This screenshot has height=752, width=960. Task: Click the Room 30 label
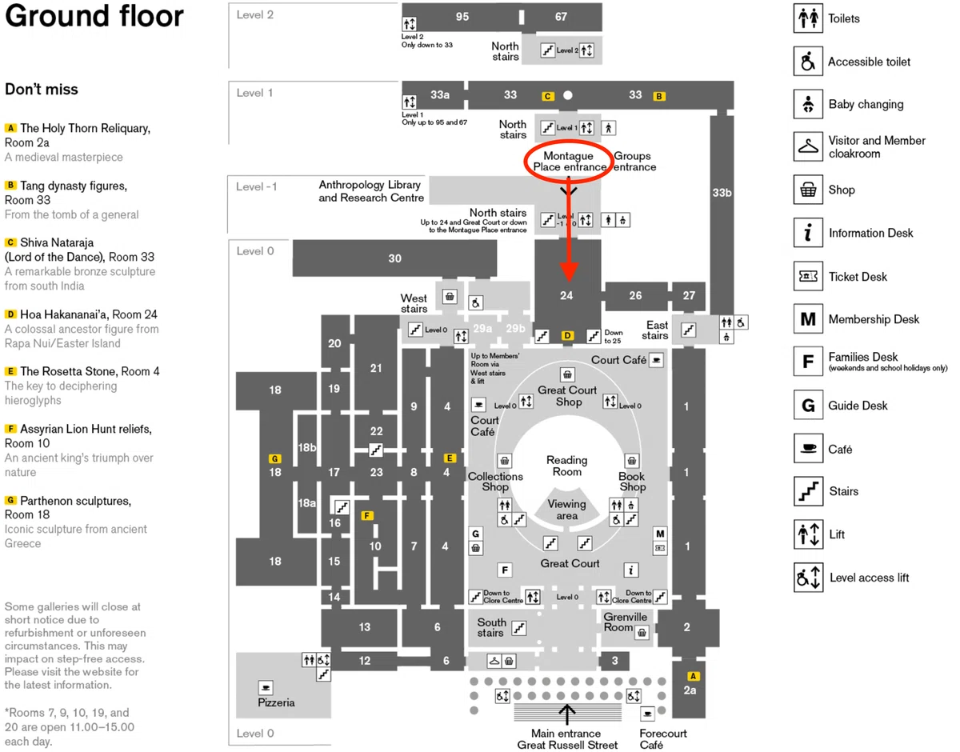pos(394,258)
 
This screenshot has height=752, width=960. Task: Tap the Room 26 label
pos(635,295)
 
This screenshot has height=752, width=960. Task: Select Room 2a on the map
pos(690,690)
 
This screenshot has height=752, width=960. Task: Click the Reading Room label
pos(567,466)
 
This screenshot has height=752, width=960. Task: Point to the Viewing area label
pos(567,510)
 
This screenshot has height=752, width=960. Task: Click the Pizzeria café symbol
pos(266,687)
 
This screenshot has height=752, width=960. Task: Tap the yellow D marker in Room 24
pos(567,335)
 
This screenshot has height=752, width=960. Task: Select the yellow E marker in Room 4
pos(450,458)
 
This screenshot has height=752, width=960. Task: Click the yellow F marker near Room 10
pos(366,515)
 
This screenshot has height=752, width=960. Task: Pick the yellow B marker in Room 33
pos(658,96)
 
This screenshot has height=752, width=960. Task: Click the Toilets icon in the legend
pos(808,18)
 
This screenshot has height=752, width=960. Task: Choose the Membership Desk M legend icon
pos(808,318)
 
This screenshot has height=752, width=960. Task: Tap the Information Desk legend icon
pos(808,232)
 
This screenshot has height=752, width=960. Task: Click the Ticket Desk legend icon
pos(808,276)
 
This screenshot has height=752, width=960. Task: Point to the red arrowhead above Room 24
pos(569,271)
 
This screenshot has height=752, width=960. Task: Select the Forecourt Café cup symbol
pos(647,714)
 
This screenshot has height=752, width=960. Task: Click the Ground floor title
pos(94,16)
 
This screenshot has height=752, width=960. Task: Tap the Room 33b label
pos(722,193)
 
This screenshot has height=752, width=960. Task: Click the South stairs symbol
pos(519,627)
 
